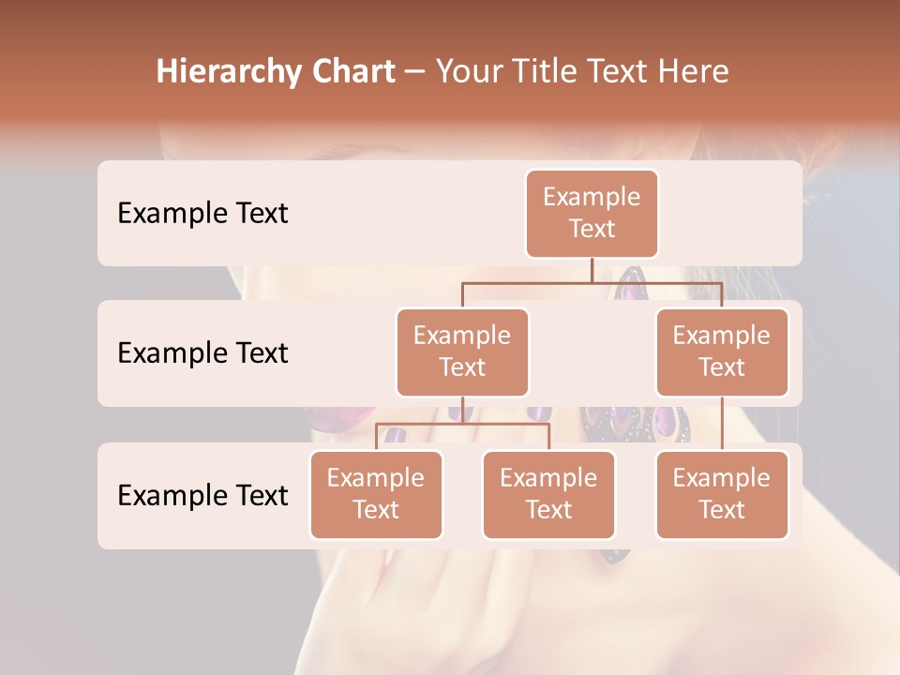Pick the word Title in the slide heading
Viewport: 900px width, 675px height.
[547, 72]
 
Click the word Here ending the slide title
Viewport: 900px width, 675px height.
[693, 72]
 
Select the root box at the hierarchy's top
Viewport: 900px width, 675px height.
[592, 213]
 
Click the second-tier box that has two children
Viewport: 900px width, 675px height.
[462, 352]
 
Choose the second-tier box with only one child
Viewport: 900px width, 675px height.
[722, 352]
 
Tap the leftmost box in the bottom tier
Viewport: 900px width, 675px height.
[376, 494]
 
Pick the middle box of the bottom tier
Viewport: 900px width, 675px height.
[548, 494]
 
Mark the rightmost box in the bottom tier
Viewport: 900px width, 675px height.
[722, 494]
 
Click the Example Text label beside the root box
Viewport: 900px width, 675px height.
[202, 213]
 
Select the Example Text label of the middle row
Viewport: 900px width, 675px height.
[202, 352]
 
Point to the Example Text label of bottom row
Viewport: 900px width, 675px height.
[202, 495]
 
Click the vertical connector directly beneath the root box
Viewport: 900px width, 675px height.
[592, 270]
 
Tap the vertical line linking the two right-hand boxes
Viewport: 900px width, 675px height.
[722, 424]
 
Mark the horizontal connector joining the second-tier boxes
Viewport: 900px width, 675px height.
[592, 282]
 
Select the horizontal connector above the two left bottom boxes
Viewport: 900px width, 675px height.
[462, 424]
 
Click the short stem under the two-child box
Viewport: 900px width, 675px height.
[462, 411]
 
